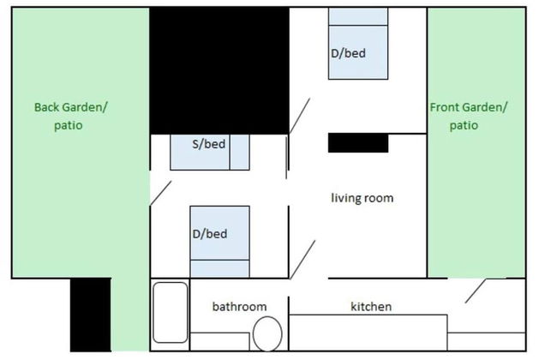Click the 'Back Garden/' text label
tap(71, 107)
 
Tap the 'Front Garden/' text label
tap(468, 107)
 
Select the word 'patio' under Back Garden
tap(67, 125)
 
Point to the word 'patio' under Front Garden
tap(464, 125)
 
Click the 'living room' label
tap(362, 198)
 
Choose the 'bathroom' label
tap(239, 306)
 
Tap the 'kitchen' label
tap(371, 306)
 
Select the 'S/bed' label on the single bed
tap(209, 143)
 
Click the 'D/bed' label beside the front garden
tap(348, 53)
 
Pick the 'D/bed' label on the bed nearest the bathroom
tap(209, 233)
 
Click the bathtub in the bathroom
tap(171, 312)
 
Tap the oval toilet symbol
tap(268, 333)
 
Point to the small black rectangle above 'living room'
tap(358, 142)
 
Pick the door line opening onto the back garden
tap(160, 192)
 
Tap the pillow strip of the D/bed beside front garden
tap(358, 17)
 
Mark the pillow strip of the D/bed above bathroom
tap(219, 269)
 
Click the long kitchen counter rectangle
tap(368, 331)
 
